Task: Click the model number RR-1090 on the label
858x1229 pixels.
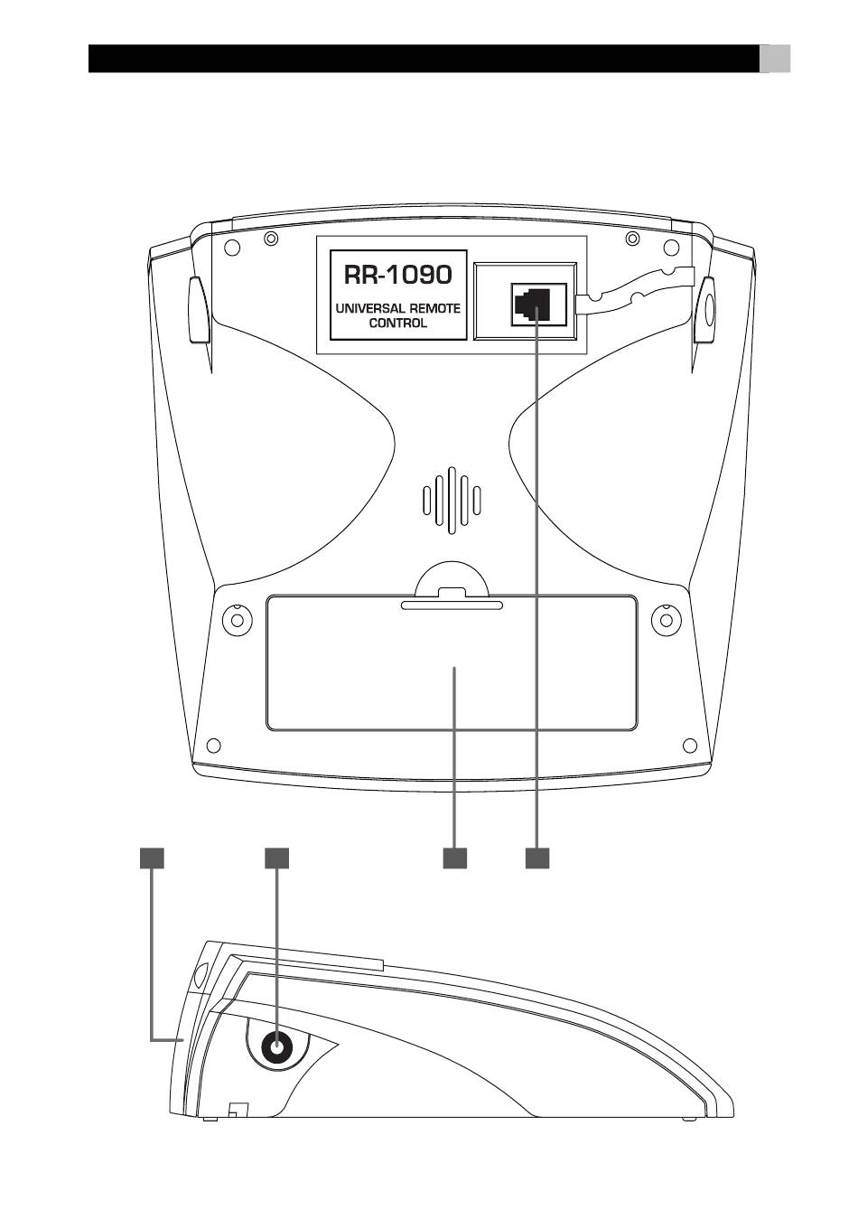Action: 397,275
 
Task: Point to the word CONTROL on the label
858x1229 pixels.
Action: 397,323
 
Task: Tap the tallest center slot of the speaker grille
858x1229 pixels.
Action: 452,500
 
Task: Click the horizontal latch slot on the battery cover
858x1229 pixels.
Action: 452,605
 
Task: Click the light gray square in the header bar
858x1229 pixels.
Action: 774,59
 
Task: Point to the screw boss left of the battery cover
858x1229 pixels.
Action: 238,620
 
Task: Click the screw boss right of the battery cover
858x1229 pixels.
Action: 667,620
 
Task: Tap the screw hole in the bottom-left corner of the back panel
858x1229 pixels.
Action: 213,746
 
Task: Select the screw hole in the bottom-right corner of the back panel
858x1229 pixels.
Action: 690,746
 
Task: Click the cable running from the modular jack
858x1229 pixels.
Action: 636,289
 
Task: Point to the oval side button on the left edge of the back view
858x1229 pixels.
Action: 198,310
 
